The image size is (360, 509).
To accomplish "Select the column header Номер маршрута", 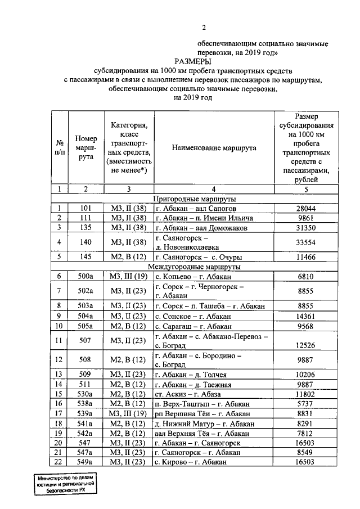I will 85,148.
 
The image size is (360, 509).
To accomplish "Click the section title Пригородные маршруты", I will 195,199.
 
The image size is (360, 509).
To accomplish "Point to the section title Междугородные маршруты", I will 195,266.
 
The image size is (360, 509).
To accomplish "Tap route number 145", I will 85,256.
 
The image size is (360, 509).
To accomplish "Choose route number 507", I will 85,341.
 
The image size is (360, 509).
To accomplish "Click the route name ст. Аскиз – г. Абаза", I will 188,394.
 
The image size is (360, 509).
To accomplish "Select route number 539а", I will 85,413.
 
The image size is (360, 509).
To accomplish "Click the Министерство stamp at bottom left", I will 64,483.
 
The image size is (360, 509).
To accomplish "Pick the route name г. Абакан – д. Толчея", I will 191,375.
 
